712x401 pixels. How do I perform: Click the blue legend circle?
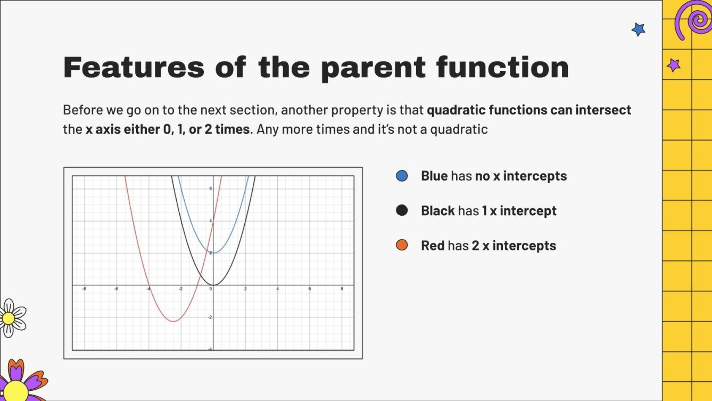click(402, 176)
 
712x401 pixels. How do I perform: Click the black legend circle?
click(402, 210)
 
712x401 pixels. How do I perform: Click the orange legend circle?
click(402, 245)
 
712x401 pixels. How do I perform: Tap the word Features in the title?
click(133, 68)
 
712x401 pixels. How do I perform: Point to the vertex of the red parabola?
click(173, 321)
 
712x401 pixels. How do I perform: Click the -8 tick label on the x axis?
click(84, 289)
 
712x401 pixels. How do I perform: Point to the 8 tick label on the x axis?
click(342, 289)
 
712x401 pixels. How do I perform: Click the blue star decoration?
click(638, 29)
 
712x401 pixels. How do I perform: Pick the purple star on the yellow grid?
click(674, 65)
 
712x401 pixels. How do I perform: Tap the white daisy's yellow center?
click(8, 318)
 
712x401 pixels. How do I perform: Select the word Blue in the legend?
click(434, 176)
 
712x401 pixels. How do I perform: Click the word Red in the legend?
click(433, 245)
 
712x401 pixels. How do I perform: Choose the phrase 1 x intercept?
click(519, 211)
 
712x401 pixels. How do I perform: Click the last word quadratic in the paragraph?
click(461, 129)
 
